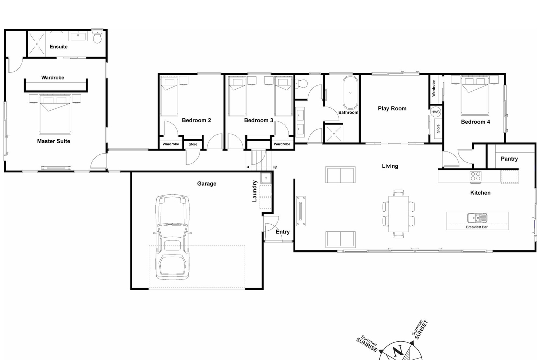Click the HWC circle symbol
(435, 112)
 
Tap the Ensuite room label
(58, 46)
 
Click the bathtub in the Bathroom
(350, 92)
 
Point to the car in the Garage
(172, 237)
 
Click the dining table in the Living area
(398, 214)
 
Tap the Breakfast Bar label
(477, 227)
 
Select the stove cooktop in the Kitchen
(475, 176)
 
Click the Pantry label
(509, 159)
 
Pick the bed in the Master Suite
(55, 114)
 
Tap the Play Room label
(392, 108)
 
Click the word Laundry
(255, 191)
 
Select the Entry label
(282, 232)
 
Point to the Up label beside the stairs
(275, 167)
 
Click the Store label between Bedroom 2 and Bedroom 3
(193, 144)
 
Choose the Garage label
(206, 184)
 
